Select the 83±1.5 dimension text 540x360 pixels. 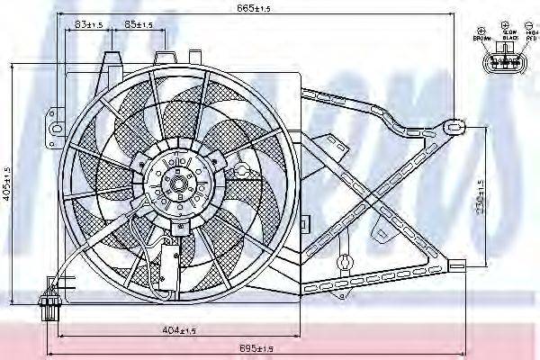pos(87,24)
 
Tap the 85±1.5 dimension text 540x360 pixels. pos(138,24)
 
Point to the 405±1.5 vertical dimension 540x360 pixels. pos(7,184)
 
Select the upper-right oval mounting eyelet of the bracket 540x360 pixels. pos(454,123)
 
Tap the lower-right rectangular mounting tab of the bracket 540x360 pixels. pos(457,267)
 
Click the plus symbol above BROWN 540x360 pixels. pos(480,28)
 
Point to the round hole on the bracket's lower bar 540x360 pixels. pos(342,265)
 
